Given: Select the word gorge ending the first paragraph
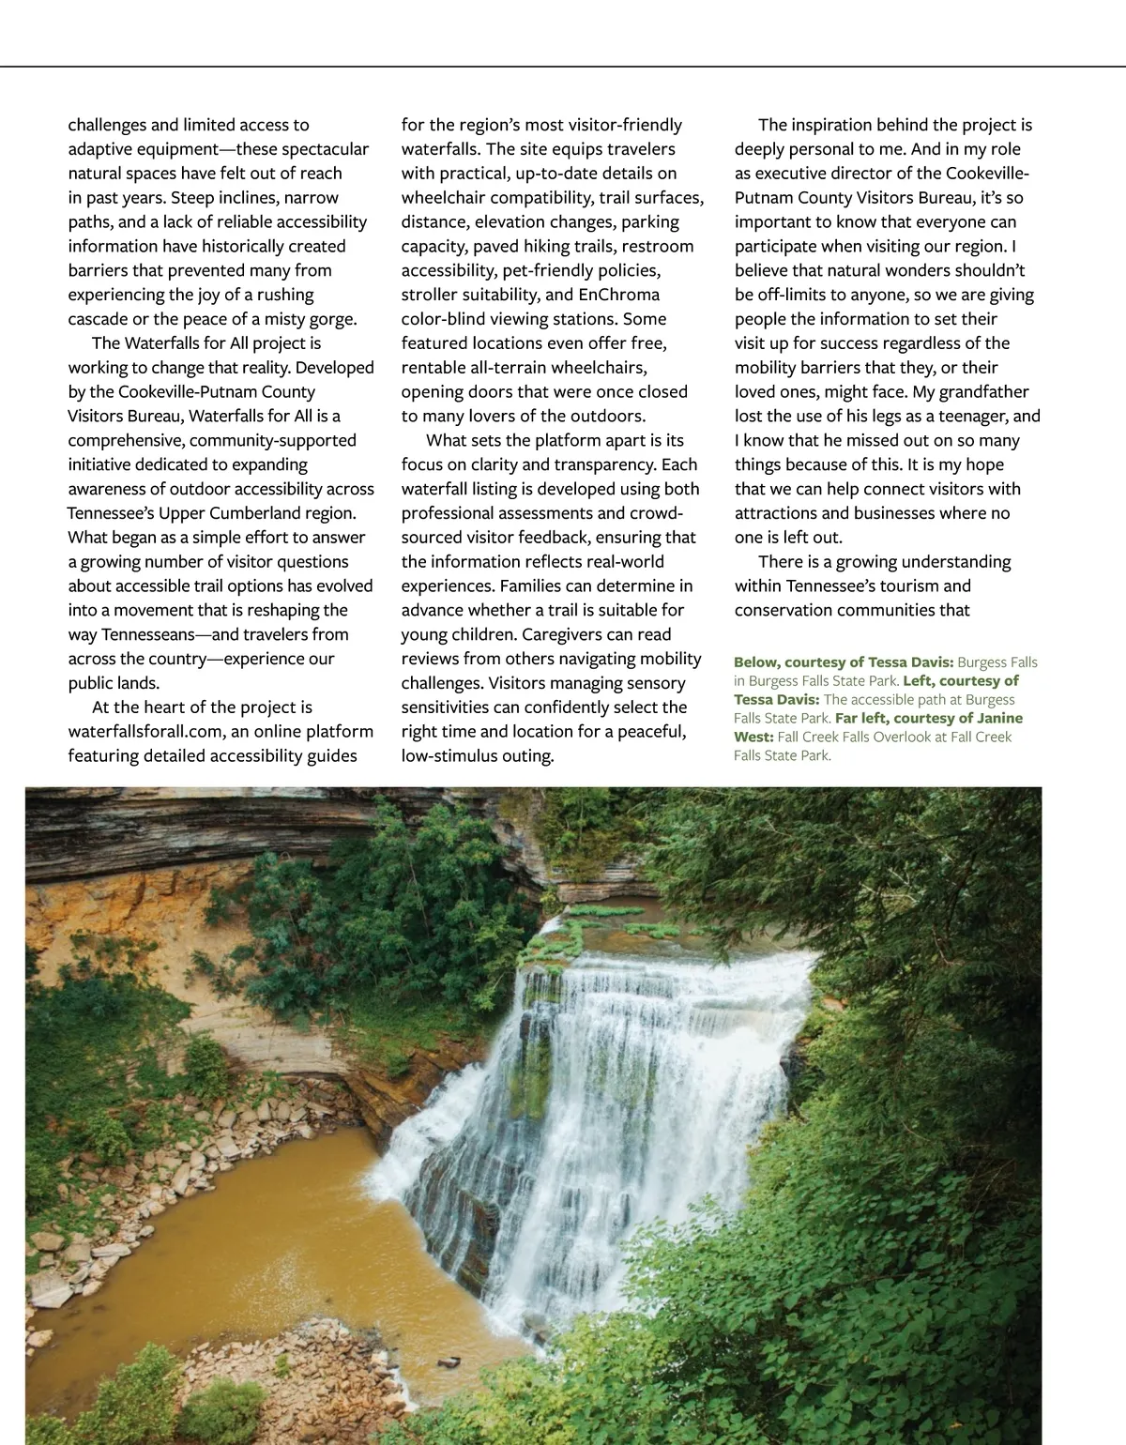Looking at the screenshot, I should (332, 319).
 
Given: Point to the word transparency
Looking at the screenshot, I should (610, 464).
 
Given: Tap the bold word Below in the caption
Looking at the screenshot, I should (756, 662).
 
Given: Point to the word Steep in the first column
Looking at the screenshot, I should (192, 198).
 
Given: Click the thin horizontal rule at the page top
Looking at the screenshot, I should (563, 67).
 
